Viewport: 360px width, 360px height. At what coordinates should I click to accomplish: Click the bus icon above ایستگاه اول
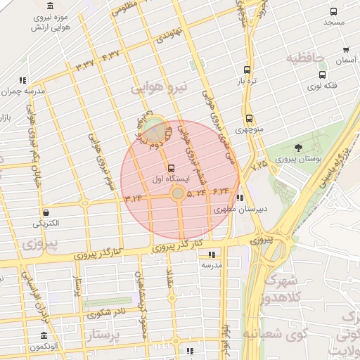tap(172, 168)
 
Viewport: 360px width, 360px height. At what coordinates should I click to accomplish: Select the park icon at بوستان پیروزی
tap(300, 147)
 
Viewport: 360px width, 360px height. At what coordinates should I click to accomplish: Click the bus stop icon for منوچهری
tap(249, 119)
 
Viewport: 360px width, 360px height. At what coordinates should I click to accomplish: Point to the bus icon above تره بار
tap(247, 70)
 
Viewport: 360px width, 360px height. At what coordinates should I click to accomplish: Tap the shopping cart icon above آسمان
tap(345, 50)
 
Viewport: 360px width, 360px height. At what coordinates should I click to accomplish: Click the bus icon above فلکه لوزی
tap(322, 75)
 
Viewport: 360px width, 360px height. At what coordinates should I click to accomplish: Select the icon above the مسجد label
tap(333, 11)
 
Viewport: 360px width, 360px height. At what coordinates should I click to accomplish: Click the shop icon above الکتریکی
tap(46, 212)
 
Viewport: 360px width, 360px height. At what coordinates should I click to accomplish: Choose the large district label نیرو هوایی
tap(161, 87)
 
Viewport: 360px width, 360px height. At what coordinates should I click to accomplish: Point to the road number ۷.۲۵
tap(259, 165)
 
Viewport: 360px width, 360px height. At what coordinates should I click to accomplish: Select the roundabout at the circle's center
tap(179, 192)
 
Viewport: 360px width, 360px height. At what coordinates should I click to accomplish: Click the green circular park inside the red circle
tap(155, 130)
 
